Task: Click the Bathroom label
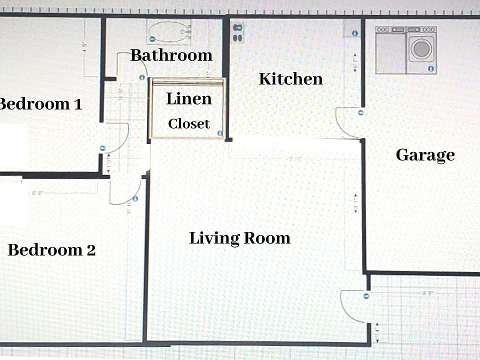[171, 55]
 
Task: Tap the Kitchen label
[290, 79]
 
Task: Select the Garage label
[425, 155]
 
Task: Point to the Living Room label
[239, 238]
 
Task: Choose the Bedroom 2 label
[51, 250]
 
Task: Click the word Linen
[188, 99]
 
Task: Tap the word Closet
[188, 123]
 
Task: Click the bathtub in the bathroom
[169, 32]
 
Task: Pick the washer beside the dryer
[391, 50]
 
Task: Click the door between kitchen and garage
[348, 122]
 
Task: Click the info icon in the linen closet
[219, 133]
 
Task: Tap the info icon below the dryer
[430, 68]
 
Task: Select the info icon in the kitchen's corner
[354, 33]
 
